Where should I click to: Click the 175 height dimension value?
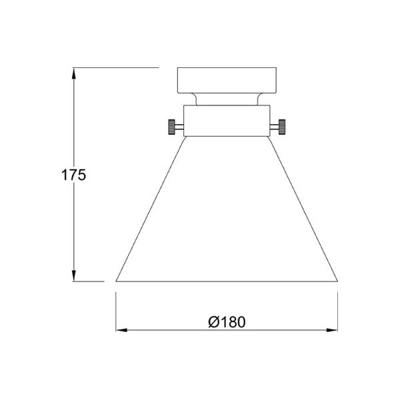[x=74, y=175]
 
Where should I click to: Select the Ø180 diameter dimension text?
[x=227, y=322]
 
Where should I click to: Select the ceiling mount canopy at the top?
[x=227, y=79]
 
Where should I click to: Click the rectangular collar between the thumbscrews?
[x=227, y=121]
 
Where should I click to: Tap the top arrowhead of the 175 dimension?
[x=74, y=72]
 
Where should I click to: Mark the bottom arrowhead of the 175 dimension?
[x=74, y=276]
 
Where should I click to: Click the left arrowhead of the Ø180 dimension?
[x=121, y=329]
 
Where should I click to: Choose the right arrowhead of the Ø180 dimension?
[x=333, y=329]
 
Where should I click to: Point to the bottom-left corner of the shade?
[x=117, y=281]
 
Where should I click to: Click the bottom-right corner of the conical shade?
[x=337, y=281]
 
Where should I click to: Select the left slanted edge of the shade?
[x=150, y=209]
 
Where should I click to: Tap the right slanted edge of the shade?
[x=304, y=209]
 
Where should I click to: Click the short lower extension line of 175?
[x=89, y=281]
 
